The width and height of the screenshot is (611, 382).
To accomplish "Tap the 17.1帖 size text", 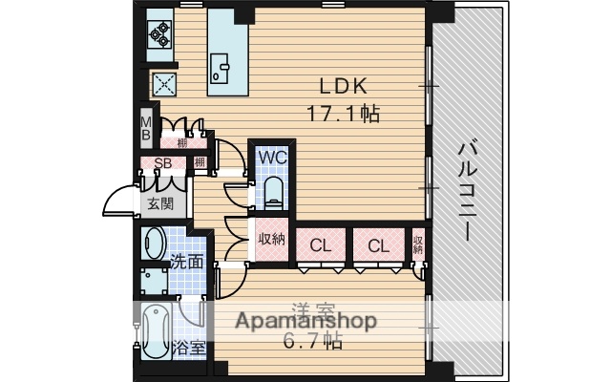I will [343, 114].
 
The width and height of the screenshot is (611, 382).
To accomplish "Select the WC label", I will [272, 156].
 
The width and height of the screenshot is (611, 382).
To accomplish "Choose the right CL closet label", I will [378, 244].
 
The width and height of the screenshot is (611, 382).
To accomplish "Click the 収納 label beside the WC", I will [271, 239].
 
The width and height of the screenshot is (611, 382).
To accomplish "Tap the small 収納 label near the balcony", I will [418, 244].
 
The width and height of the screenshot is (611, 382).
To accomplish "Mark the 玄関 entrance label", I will [159, 202].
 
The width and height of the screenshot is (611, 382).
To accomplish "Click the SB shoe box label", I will [162, 163].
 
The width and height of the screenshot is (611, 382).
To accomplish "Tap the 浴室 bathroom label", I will [188, 347].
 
